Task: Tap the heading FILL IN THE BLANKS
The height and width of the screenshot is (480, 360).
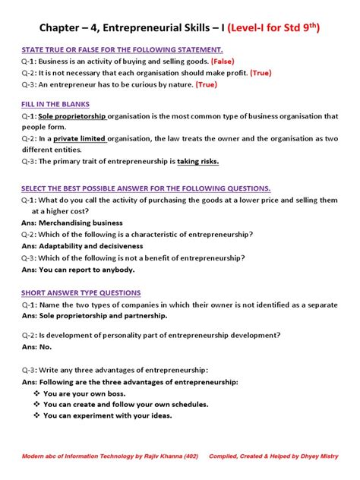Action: coord(55,104)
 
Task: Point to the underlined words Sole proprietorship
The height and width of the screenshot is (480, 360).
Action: coord(71,116)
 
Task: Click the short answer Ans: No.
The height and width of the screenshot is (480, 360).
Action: coord(36,346)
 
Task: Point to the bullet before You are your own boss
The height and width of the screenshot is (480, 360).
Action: coord(36,393)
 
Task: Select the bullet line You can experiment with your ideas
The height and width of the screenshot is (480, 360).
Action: coord(107,415)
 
